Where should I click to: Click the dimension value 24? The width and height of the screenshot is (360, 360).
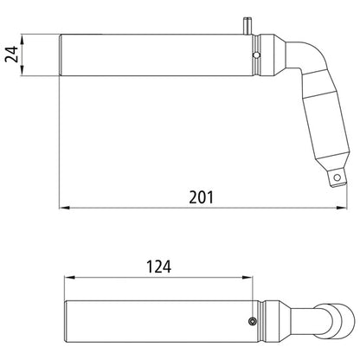click(10, 55)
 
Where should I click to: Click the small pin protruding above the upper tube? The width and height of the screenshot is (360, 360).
click(249, 23)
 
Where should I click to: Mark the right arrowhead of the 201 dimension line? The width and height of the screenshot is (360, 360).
click(337, 208)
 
